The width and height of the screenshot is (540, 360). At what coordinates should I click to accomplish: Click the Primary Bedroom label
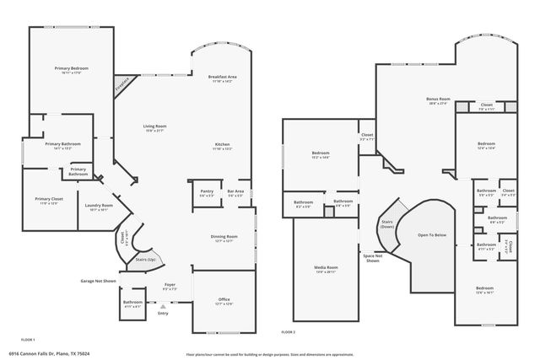pyautogui.click(x=73, y=68)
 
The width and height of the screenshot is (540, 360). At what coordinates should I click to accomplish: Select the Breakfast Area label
pyautogui.click(x=222, y=77)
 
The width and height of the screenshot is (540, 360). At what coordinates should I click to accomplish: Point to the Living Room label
pyautogui.click(x=154, y=126)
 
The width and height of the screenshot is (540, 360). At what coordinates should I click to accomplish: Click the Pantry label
pyautogui.click(x=207, y=191)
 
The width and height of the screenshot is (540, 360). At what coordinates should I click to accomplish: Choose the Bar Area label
pyautogui.click(x=235, y=191)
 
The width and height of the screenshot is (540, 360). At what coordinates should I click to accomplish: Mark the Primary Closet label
pyautogui.click(x=50, y=199)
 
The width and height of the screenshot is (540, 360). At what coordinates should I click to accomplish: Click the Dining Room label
pyautogui.click(x=224, y=237)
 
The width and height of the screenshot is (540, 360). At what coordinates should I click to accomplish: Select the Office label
pyautogui.click(x=224, y=299)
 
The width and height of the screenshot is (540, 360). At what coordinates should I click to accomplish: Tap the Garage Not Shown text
pyautogui.click(x=98, y=280)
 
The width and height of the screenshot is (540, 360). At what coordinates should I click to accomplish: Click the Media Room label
pyautogui.click(x=326, y=268)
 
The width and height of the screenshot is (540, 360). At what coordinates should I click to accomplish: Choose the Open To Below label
pyautogui.click(x=432, y=235)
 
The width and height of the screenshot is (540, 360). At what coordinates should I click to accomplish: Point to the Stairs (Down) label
pyautogui.click(x=387, y=223)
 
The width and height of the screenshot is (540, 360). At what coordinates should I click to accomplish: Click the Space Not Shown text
pyautogui.click(x=373, y=258)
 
